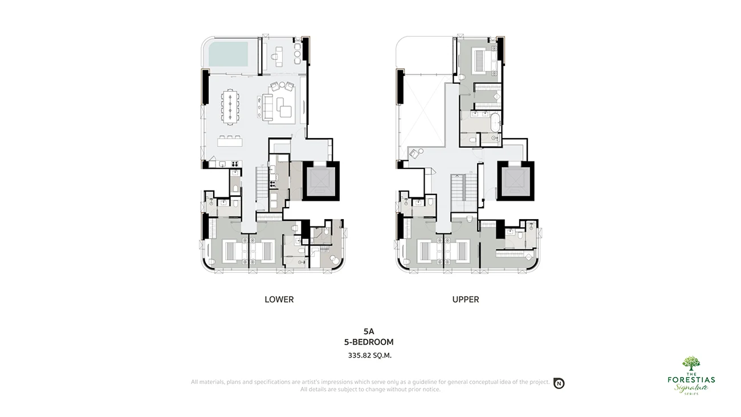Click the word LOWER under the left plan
click(x=279, y=299)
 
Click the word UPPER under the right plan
click(x=466, y=299)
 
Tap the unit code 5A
click(x=369, y=331)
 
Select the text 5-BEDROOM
click(x=369, y=342)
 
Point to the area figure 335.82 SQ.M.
click(x=369, y=355)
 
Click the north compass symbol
click(x=559, y=383)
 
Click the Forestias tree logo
click(x=691, y=364)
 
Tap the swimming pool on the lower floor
click(x=228, y=54)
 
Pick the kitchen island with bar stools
click(x=230, y=141)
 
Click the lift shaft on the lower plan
click(x=320, y=181)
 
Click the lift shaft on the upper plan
click(x=515, y=181)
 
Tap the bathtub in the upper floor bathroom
click(x=495, y=123)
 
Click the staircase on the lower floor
click(x=262, y=187)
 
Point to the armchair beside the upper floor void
click(x=413, y=154)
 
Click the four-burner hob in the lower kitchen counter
click(x=234, y=164)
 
